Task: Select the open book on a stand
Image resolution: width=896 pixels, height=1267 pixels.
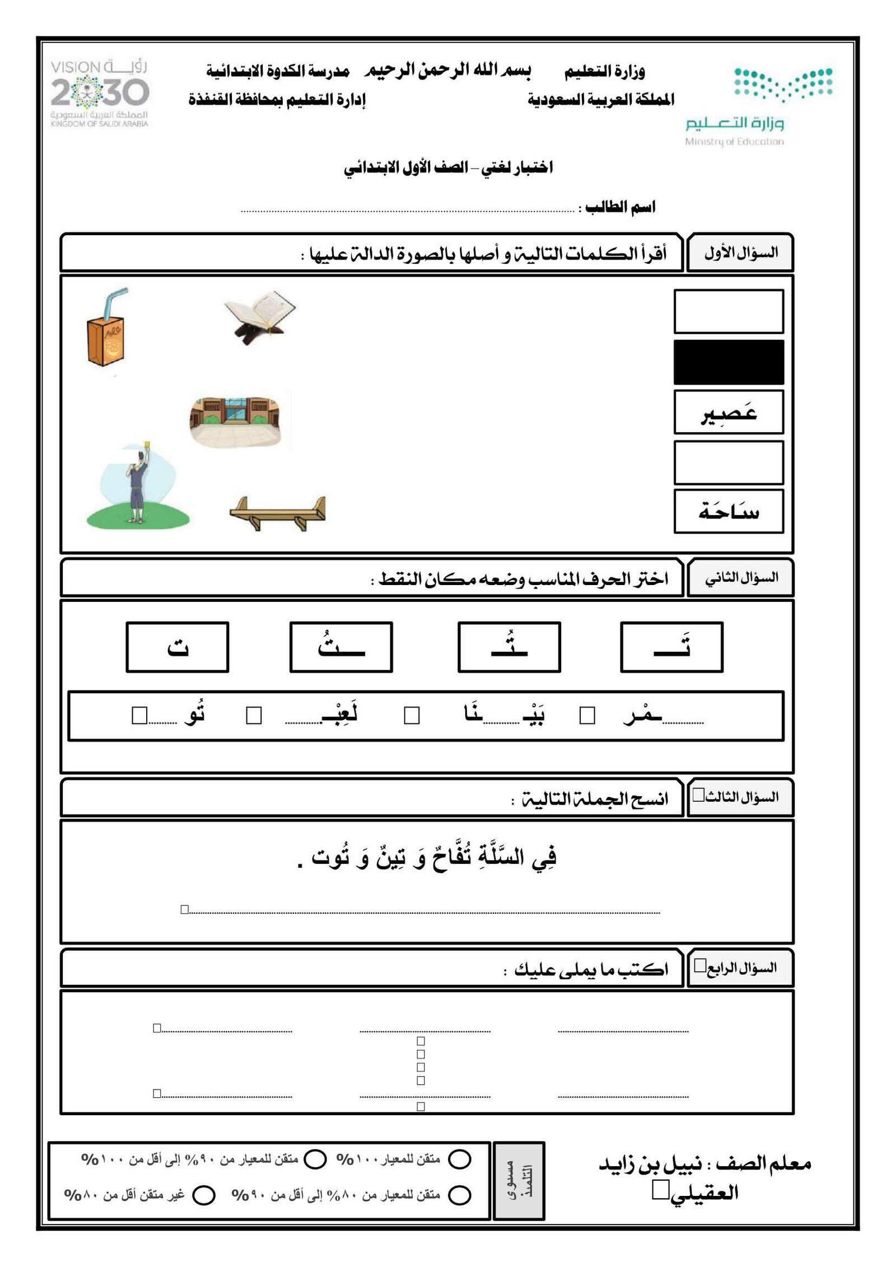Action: pos(260,315)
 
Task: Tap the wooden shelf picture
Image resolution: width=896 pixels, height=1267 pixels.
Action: pos(278,512)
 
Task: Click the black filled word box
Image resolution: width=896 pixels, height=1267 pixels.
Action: pos(728,362)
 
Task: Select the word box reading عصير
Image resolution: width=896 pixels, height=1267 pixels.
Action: pos(728,413)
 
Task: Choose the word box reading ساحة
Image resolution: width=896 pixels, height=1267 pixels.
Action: pos(728,511)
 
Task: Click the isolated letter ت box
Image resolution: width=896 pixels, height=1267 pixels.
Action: pos(178,647)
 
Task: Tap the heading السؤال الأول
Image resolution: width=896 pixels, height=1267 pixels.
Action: pos(740,253)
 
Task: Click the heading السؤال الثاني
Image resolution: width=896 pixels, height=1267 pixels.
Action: pos(740,577)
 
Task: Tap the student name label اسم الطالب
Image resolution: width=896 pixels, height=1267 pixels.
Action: pos(620,207)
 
